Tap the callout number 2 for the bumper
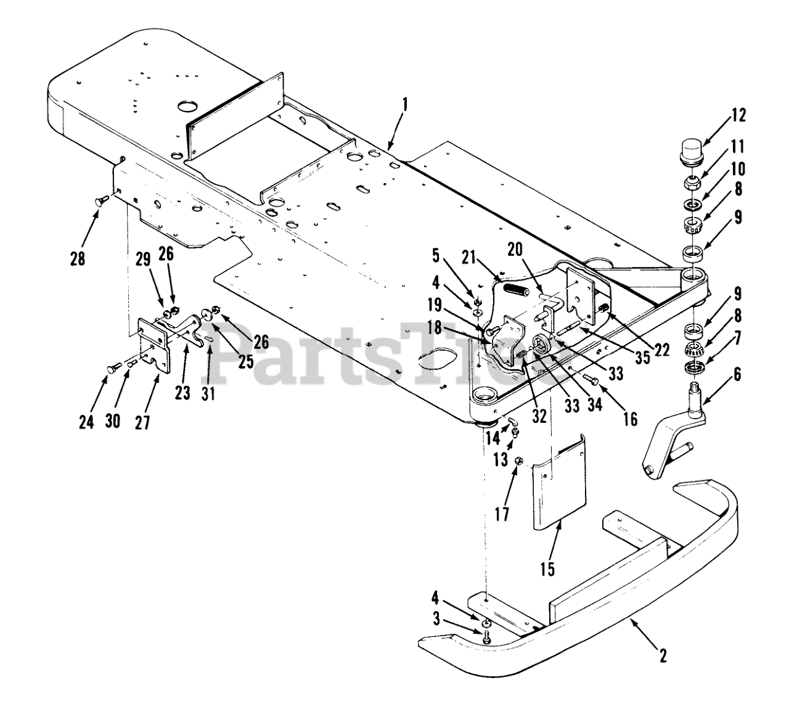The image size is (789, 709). point(663,655)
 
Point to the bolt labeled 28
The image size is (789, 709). point(103,199)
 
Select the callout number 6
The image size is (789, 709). point(738,374)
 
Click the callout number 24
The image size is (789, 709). point(87,422)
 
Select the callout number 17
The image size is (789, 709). point(503,513)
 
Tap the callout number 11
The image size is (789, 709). point(738,147)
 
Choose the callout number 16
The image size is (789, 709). point(629,419)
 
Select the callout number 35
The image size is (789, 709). point(642,358)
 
